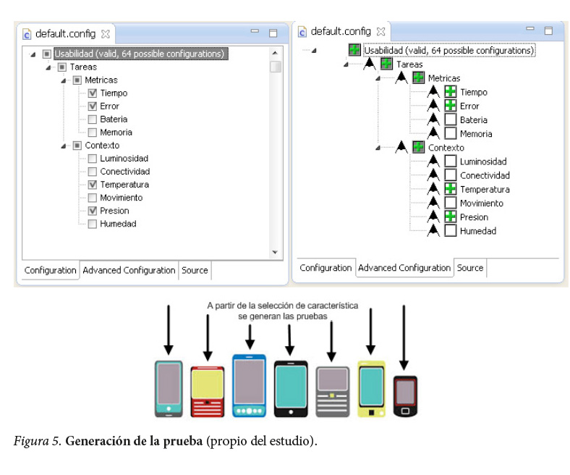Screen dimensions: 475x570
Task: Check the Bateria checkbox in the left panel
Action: [x=93, y=119]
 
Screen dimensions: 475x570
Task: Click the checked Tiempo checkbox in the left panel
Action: [x=93, y=93]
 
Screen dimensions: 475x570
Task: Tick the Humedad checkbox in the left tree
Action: [x=93, y=224]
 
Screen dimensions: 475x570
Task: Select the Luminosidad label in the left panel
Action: [x=124, y=159]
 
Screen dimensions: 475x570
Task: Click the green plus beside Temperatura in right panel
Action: [x=451, y=189]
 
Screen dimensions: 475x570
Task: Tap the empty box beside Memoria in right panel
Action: [x=451, y=134]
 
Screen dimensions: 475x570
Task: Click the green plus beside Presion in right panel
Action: [x=451, y=217]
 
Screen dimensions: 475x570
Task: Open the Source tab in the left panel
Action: [x=195, y=270]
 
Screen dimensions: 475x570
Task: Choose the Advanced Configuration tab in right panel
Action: [x=405, y=268]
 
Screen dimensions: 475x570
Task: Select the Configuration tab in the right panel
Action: [x=326, y=268]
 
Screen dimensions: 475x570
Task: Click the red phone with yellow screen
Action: [x=208, y=391]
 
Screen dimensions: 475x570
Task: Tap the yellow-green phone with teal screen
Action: [x=371, y=388]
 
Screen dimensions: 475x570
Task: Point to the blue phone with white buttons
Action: [x=249, y=385]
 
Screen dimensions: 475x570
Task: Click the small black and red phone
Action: [x=404, y=396]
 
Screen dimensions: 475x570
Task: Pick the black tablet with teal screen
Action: [x=291, y=389]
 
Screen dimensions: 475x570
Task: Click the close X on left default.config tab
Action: [x=106, y=34]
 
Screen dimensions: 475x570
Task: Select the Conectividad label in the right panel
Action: [x=485, y=175]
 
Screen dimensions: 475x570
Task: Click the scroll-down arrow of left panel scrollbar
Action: [x=275, y=252]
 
